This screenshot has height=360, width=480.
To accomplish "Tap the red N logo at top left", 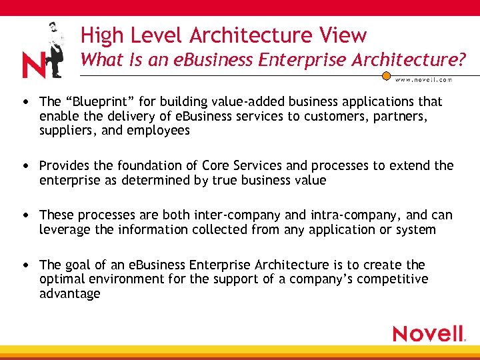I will pyautogui.click(x=33, y=65).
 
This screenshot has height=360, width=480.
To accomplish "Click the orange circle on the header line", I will pyautogui.click(x=385, y=75).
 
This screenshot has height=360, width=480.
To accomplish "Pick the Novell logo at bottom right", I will pyautogui.click(x=429, y=333).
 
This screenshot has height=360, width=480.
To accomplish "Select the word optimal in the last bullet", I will pyautogui.click(x=64, y=279).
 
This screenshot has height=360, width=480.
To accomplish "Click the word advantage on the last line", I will pyautogui.click(x=70, y=294).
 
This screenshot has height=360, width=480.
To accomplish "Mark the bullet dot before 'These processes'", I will pyautogui.click(x=25, y=215).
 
